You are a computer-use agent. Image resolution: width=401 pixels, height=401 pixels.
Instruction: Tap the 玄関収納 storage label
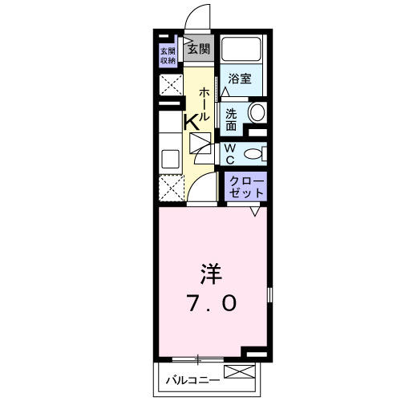pyautogui.click(x=168, y=55)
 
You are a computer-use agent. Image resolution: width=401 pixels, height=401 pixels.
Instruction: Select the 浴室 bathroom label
pyautogui.click(x=241, y=79)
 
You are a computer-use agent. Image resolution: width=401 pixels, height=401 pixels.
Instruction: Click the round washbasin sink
pyautogui.click(x=256, y=113)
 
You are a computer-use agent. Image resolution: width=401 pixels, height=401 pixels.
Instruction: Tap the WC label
pyautogui.click(x=229, y=152)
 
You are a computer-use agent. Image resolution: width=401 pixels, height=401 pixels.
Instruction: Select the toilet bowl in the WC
pyautogui.click(x=253, y=152)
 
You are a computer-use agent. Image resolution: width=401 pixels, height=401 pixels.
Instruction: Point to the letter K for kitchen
pyautogui.click(x=192, y=123)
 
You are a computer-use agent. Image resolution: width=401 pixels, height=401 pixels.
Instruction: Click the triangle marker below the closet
pyautogui.click(x=254, y=210)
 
